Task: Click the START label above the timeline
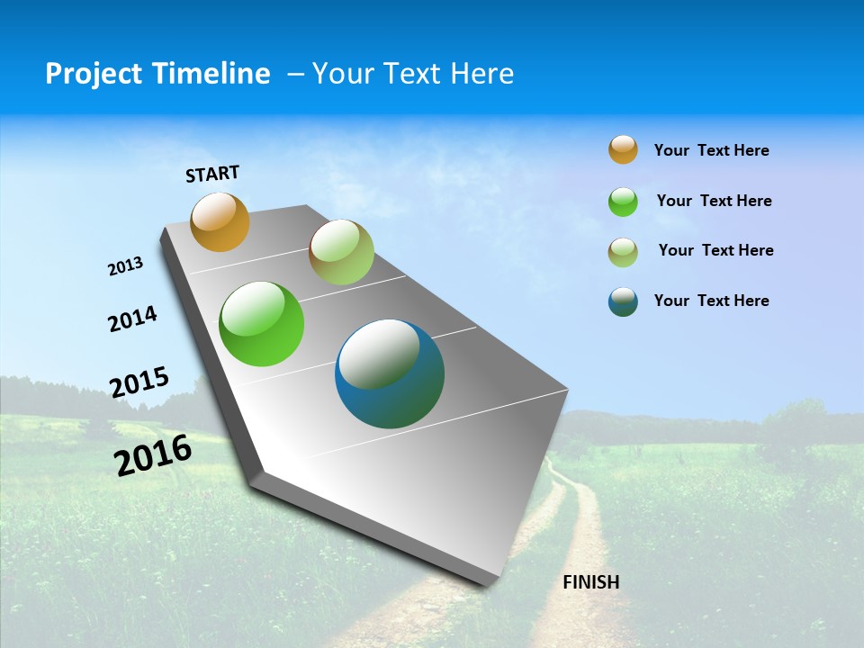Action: tap(212, 174)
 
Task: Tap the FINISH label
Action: tap(590, 582)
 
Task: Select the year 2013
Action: tap(125, 266)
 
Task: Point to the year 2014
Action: tap(132, 319)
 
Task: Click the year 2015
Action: tap(139, 382)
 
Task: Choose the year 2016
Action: tap(153, 455)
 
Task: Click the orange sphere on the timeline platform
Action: tap(220, 221)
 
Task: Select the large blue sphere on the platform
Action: tap(390, 373)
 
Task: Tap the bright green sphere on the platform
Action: tap(261, 324)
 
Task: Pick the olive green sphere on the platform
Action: tap(341, 252)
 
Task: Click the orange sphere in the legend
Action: tap(623, 149)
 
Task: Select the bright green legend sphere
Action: tap(623, 202)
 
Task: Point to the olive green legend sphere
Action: tap(623, 252)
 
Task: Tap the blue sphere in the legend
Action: tap(623, 301)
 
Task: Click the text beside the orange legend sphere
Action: tap(711, 150)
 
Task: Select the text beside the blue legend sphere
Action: tap(711, 301)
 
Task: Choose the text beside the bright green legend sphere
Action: tap(714, 201)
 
